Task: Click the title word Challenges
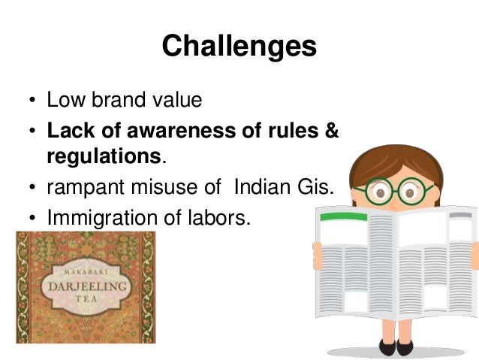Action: tap(239, 46)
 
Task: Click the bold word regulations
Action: tap(104, 157)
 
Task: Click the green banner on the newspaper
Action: tap(343, 216)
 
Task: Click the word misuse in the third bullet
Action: tap(177, 189)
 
